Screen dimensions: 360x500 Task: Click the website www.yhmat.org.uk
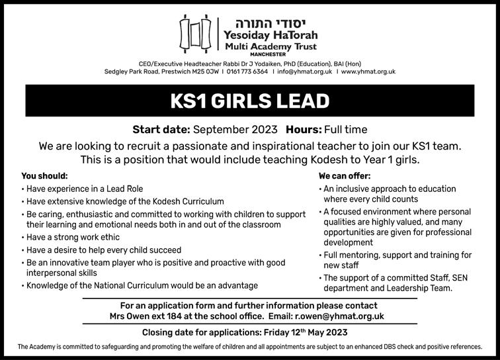click(x=368, y=71)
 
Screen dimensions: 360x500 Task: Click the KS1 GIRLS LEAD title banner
click(x=249, y=101)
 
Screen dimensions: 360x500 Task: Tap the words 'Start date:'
click(x=161, y=130)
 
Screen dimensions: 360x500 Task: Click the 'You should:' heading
click(x=44, y=176)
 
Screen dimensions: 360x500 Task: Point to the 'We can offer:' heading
click(x=345, y=176)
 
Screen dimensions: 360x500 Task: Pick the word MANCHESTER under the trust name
click(x=271, y=54)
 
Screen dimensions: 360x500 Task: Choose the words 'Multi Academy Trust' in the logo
click(x=271, y=46)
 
